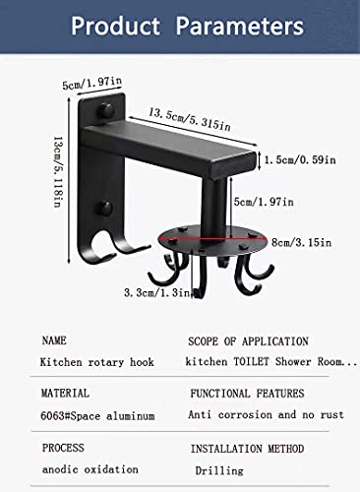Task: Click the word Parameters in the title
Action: pos(240,26)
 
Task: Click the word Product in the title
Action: pos(115,26)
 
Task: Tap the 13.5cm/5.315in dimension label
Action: pos(190,119)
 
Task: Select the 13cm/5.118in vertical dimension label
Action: pos(57,172)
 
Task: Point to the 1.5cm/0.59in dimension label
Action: pos(300,159)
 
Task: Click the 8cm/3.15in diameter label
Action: pos(301,242)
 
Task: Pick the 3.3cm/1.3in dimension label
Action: pos(157,292)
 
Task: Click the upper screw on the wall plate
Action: pos(106,110)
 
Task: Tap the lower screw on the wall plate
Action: pos(105,209)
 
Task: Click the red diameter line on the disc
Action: pos(213,240)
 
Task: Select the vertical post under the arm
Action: pos(214,208)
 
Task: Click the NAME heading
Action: pos(54,340)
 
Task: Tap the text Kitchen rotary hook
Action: pos(96,362)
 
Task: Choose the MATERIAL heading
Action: pos(65,393)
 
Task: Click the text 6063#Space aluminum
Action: pos(97,416)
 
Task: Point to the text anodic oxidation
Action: pos(90,469)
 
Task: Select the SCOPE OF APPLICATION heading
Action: pos(248,341)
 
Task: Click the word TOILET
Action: pos(251,361)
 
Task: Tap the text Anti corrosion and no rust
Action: pos(266,414)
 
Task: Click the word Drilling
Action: pos(219,470)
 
